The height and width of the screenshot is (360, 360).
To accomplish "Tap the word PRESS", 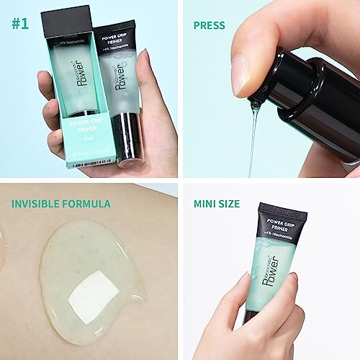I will pos(210,25).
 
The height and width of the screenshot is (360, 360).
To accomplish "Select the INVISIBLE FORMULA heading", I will pos(60,204).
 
